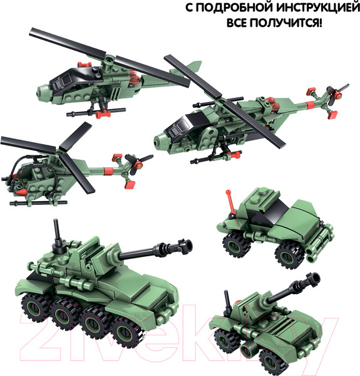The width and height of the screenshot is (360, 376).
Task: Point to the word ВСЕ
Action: click(x=239, y=26)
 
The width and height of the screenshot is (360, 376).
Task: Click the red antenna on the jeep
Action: click(x=231, y=202)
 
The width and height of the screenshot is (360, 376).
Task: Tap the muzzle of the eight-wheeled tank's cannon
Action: click(x=186, y=243)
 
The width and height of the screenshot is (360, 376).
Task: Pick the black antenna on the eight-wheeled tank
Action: click(x=58, y=232)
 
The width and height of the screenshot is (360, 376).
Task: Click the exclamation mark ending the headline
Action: click(x=321, y=26)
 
